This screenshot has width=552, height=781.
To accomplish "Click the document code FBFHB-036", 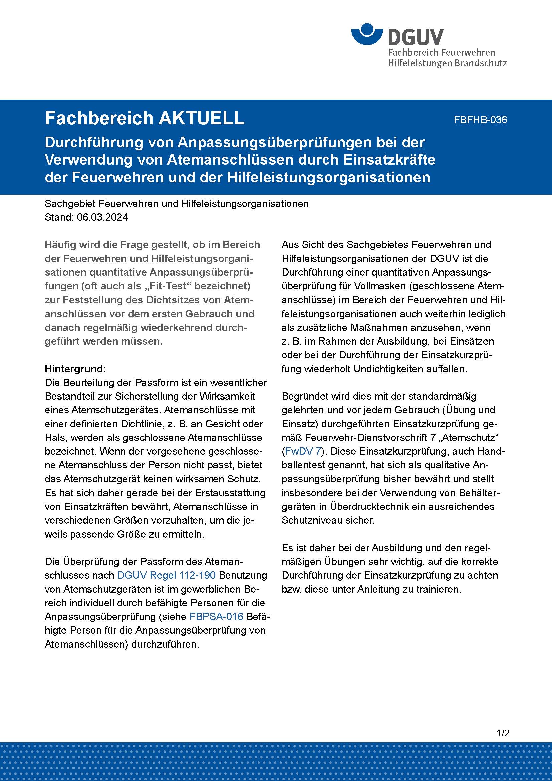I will point(480,120).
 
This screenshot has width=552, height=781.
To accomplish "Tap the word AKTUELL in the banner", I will point(202,118).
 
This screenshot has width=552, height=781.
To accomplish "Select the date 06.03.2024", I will point(103,217).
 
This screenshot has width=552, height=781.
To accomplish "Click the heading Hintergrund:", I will point(75,369).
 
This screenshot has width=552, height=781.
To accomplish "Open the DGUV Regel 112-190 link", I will point(166,575).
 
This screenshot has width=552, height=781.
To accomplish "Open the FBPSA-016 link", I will point(216,616).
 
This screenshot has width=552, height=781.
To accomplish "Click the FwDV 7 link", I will point(303,451).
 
